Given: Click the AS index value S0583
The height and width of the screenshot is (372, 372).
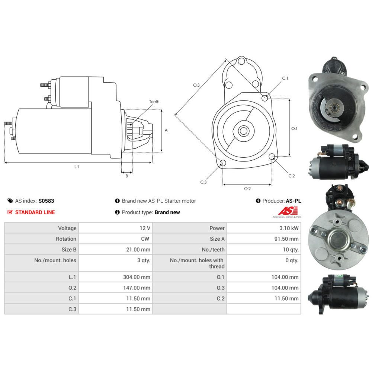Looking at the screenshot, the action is point(46,201).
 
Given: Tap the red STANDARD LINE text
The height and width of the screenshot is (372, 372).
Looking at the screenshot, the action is point(35,212).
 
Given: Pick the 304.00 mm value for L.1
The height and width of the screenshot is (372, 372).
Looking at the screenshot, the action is point(137,277).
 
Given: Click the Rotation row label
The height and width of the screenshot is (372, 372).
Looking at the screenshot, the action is point(66,239).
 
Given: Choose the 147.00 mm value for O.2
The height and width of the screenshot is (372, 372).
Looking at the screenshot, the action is point(137,288).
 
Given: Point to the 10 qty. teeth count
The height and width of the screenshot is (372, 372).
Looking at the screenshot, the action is point(291,250).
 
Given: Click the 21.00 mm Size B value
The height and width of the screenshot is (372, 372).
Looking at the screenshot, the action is point(138,250).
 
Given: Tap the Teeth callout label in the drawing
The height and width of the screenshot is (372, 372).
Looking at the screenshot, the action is point(154,102).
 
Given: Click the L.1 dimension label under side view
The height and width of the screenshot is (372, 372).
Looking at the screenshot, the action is point(76,167).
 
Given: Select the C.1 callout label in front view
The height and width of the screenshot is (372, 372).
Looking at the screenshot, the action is point(285,78).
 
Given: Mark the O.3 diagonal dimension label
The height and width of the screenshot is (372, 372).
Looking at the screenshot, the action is point(196,85).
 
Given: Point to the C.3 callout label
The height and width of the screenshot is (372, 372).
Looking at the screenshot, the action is point(203,182).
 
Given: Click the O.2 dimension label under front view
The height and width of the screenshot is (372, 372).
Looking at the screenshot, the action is point(247,189).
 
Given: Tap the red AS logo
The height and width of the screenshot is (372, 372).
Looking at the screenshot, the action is point(288,211).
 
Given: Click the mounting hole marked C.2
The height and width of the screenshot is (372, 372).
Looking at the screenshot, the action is point(272,156).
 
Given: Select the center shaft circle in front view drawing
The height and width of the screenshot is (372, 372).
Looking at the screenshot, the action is point(243,131).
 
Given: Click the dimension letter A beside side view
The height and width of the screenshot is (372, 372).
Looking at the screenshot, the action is point(166,130).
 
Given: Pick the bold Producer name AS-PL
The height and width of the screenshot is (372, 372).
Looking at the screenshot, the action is point(294,201).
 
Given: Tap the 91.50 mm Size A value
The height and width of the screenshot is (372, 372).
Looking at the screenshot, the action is point(286,239).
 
